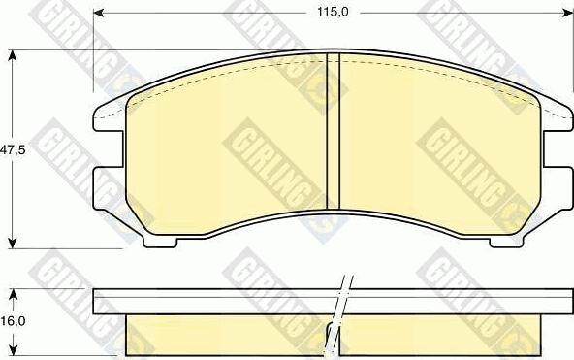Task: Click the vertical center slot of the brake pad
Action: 333,131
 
